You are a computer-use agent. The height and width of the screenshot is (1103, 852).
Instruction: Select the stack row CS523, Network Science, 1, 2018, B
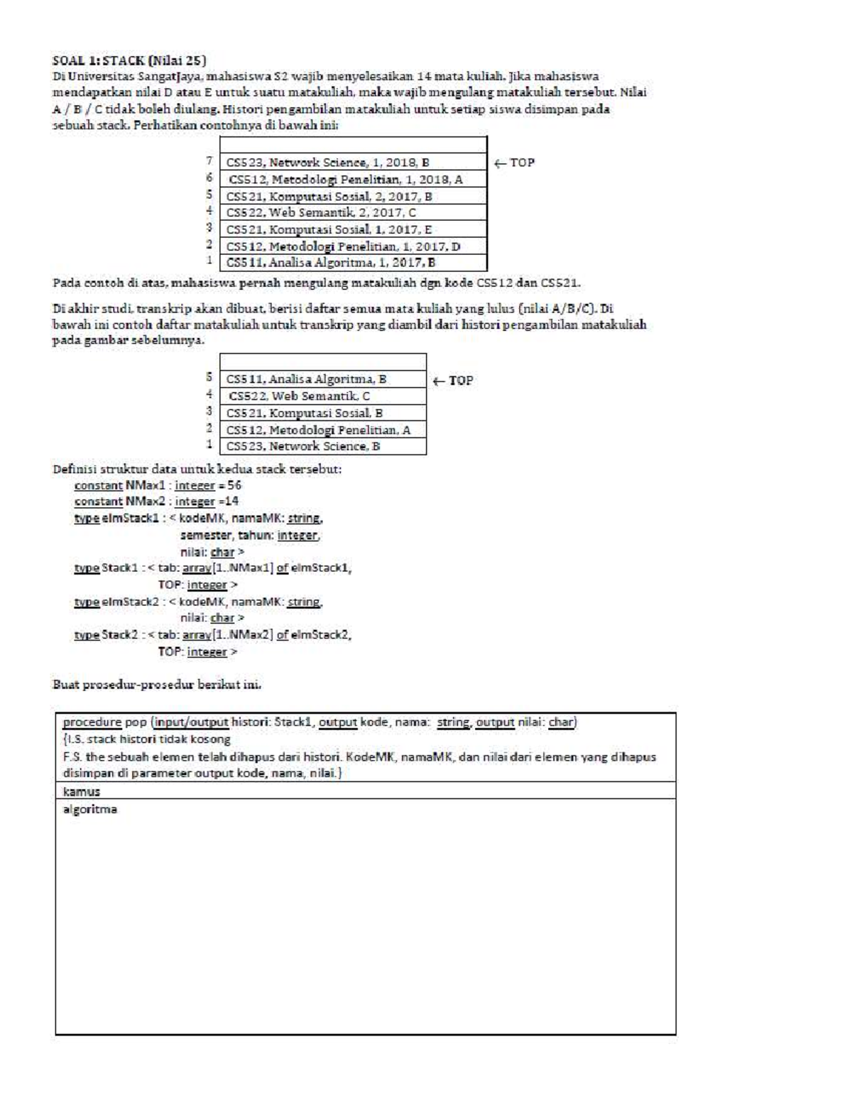(x=327, y=163)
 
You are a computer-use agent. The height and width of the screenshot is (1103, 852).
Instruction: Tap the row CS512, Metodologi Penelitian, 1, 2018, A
(x=345, y=180)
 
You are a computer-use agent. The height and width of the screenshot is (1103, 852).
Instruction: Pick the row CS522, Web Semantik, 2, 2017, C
(x=321, y=212)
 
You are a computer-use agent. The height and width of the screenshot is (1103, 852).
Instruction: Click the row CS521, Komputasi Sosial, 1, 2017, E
(x=329, y=229)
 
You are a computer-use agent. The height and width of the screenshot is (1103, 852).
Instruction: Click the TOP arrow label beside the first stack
(x=514, y=163)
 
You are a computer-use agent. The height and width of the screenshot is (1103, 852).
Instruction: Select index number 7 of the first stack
(x=209, y=162)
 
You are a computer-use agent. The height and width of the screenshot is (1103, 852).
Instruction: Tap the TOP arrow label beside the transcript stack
(x=453, y=381)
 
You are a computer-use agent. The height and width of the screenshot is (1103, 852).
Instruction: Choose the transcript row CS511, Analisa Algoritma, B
(x=306, y=379)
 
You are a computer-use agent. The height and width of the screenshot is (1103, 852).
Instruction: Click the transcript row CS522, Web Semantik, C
(x=299, y=396)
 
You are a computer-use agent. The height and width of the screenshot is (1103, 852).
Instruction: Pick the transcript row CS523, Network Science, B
(x=303, y=447)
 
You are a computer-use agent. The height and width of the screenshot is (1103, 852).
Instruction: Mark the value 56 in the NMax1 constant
(x=234, y=485)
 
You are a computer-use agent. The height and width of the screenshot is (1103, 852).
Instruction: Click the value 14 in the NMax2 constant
(x=231, y=501)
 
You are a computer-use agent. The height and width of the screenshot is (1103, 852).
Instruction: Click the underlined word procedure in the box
(x=92, y=722)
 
